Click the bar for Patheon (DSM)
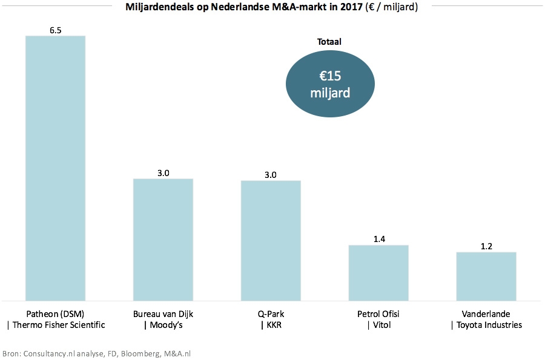(x=55, y=168)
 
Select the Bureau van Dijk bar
(x=163, y=239)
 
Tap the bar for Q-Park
(x=271, y=240)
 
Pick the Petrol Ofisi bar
(x=378, y=272)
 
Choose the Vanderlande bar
(x=486, y=276)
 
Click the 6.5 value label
(x=55, y=29)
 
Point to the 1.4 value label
(x=378, y=238)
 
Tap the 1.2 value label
(x=486, y=245)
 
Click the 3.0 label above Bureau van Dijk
(x=163, y=172)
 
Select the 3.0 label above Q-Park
(x=271, y=174)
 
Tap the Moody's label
(x=163, y=325)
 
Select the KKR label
(x=271, y=325)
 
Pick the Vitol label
(x=378, y=325)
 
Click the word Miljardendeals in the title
(x=155, y=8)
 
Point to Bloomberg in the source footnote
(x=139, y=353)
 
